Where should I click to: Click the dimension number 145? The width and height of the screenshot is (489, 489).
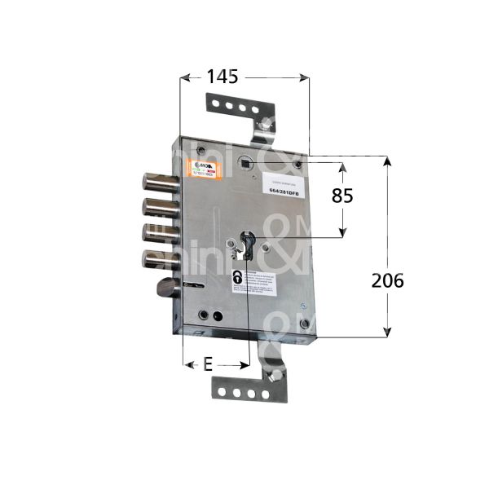(x=222, y=77)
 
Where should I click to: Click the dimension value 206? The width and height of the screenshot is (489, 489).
(x=387, y=280)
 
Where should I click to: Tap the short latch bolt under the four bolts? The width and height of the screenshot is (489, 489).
(x=165, y=289)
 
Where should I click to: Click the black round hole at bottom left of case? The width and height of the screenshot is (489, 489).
(x=217, y=316)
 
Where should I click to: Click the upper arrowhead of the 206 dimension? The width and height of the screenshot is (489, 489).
(x=387, y=161)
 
